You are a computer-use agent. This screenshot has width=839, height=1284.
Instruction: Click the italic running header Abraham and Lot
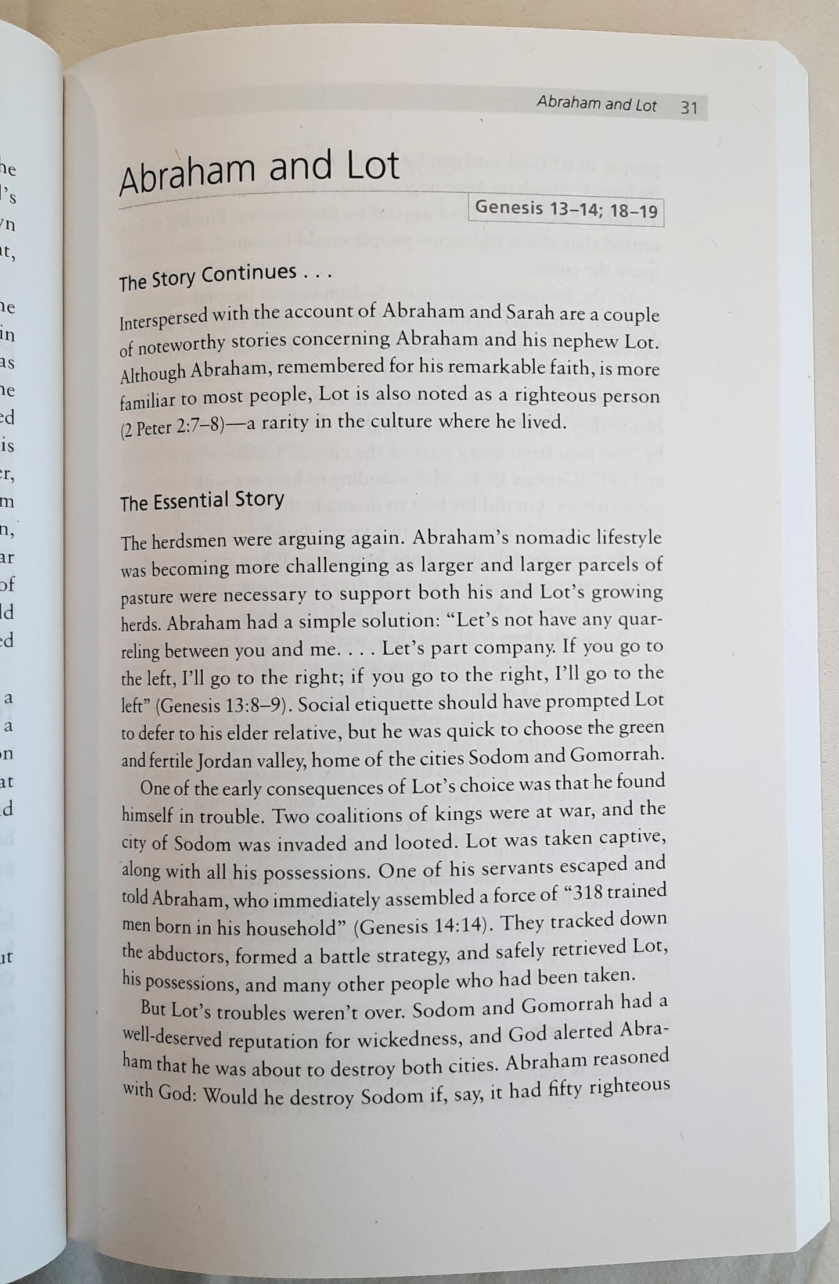(x=596, y=105)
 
